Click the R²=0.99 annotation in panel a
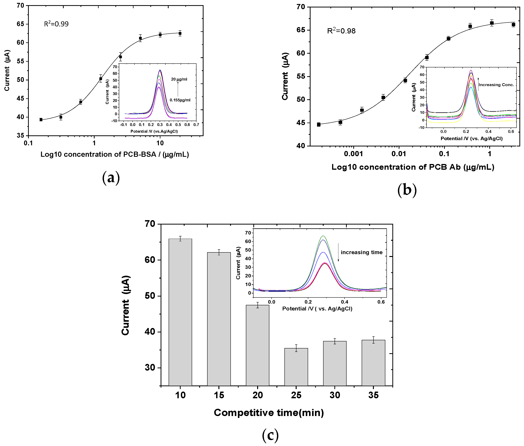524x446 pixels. [56, 24]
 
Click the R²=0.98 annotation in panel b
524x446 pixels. [341, 31]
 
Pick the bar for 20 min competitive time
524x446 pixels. [258, 345]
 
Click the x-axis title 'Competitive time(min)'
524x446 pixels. [269, 413]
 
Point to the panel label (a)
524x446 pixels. [111, 178]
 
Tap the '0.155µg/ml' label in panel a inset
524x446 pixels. [180, 100]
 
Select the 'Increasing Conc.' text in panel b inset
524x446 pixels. [496, 85]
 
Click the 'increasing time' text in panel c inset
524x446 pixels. [361, 252]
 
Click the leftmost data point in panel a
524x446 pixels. [41, 120]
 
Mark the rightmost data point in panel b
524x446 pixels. [513, 24]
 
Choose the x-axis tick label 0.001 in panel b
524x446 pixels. [353, 154]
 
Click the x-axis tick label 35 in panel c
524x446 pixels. [373, 395]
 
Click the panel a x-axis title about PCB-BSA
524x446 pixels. [115, 154]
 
